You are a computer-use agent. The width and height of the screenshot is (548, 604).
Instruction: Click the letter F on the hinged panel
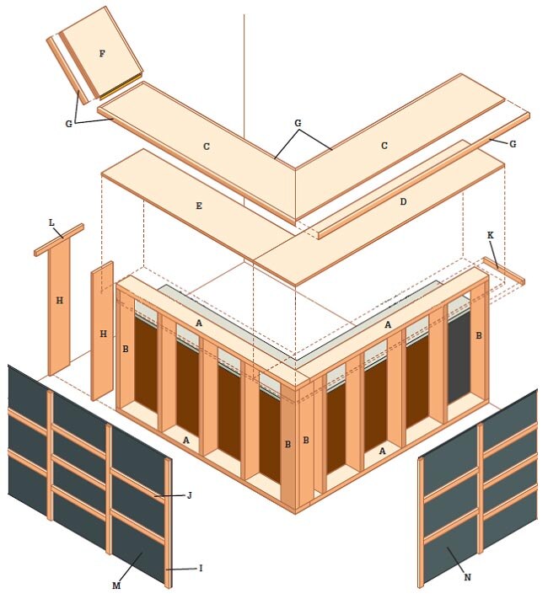point(102,54)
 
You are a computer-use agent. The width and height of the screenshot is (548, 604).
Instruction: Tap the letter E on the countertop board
point(199,206)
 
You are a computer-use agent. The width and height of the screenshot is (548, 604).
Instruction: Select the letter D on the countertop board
point(403,202)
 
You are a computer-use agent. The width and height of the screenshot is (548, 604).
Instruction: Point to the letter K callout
point(491,235)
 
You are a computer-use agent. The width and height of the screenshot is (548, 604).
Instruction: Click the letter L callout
point(51,222)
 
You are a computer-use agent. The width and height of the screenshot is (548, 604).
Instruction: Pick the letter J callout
point(190,495)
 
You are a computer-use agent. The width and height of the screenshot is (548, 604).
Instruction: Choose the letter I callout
point(201,568)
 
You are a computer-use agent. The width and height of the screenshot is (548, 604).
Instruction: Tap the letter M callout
point(116,585)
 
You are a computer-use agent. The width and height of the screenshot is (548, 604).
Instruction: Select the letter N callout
point(468,577)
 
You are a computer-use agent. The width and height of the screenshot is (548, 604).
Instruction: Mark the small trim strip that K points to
point(504,271)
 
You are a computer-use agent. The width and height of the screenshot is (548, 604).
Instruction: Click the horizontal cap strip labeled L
point(59,239)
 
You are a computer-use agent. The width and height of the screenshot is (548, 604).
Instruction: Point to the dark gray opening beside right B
point(459,356)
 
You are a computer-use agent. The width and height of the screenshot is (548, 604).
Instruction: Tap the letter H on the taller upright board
point(59,301)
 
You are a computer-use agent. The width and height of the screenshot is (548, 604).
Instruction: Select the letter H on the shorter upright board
point(104,334)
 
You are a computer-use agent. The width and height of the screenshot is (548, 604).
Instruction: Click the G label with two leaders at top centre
point(298,123)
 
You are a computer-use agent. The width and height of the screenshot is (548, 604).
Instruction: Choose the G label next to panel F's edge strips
point(68,124)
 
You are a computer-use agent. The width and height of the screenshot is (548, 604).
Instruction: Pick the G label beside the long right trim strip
point(513,144)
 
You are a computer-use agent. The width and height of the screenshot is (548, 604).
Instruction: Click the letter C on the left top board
point(207,147)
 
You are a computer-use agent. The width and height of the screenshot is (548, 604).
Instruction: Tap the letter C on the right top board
point(384,146)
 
